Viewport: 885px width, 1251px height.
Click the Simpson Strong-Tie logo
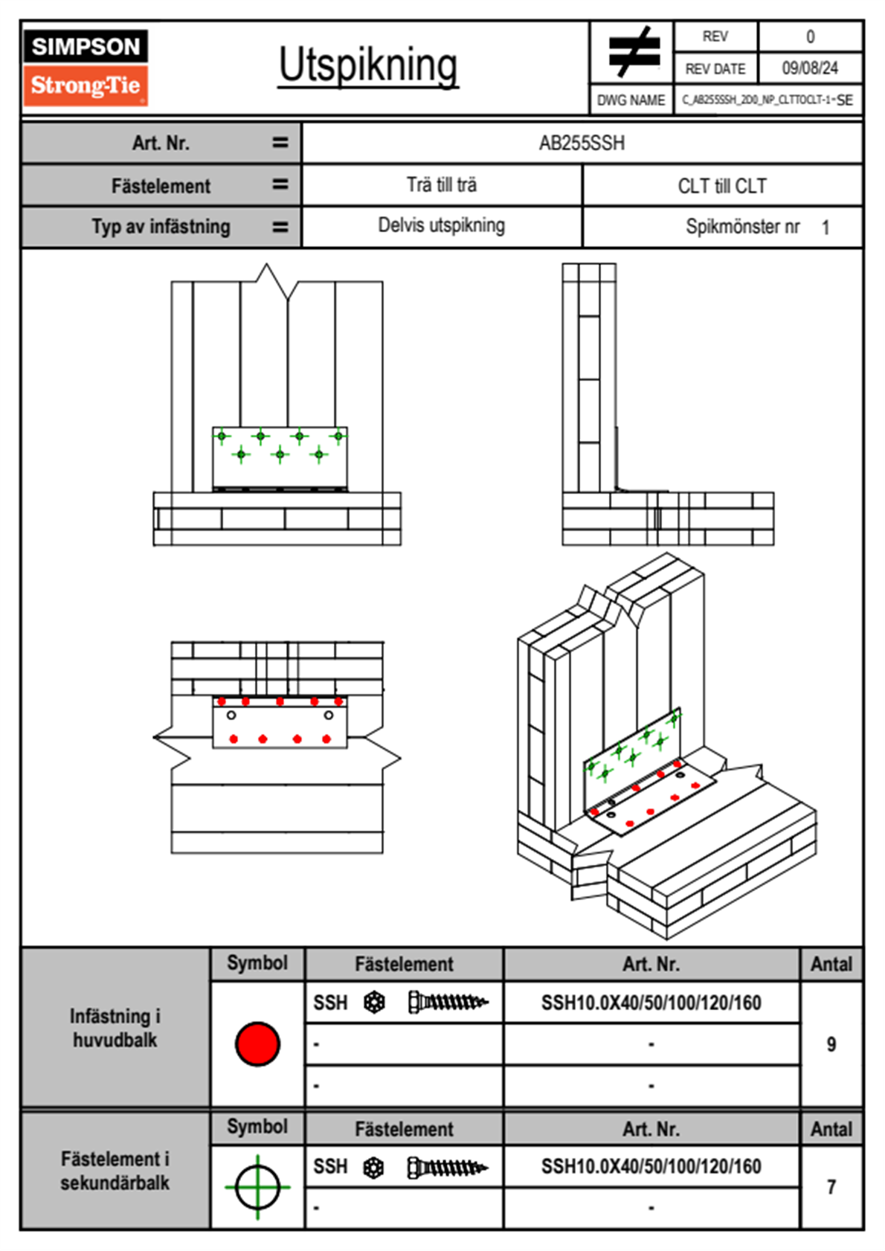click(x=86, y=68)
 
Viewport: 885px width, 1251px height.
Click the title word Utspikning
click(x=368, y=66)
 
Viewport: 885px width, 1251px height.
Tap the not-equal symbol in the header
click(x=634, y=51)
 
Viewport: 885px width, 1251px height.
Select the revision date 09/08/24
click(x=810, y=68)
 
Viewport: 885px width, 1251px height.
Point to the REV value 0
click(x=810, y=37)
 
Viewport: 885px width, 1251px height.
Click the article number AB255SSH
click(x=582, y=144)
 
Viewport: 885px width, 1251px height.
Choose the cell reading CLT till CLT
click(x=722, y=186)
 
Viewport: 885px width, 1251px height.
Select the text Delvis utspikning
click(x=441, y=225)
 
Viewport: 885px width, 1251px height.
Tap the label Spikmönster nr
click(x=743, y=227)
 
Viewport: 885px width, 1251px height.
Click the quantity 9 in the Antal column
click(x=831, y=1043)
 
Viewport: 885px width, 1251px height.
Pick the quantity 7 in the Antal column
click(x=831, y=1187)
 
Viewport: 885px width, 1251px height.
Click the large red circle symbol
click(x=257, y=1043)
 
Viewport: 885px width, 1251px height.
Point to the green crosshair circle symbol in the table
click(x=257, y=1187)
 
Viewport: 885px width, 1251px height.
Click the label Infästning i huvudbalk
click(x=115, y=1028)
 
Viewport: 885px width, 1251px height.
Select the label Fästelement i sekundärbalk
click(x=115, y=1171)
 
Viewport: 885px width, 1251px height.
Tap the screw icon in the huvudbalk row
click(x=448, y=1002)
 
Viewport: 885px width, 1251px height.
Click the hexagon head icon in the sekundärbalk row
click(x=373, y=1167)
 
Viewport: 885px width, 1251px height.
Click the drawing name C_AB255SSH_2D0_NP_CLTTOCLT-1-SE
click(x=767, y=100)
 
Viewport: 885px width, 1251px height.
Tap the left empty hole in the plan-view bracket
click(x=231, y=715)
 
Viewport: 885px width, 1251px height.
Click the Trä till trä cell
click(x=441, y=185)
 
